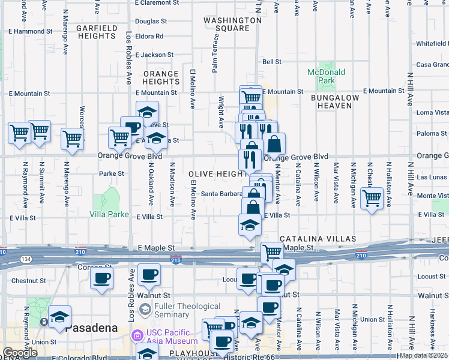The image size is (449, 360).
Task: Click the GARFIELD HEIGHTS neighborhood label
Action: pyautogui.click(x=97, y=32)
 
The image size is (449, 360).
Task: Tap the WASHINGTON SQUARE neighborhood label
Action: pyautogui.click(x=232, y=24)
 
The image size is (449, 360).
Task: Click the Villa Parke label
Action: pyautogui.click(x=109, y=214)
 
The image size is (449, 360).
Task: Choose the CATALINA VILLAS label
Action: pyautogui.click(x=306, y=239)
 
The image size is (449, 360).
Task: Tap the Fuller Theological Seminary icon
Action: pyautogui.click(x=145, y=309)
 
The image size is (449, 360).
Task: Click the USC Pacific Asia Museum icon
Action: pyautogui.click(x=137, y=334)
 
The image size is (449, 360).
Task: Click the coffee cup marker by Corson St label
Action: pyautogui.click(x=101, y=277)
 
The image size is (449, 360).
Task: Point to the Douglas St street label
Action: pyautogui.click(x=151, y=21)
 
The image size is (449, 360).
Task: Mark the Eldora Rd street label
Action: pyautogui.click(x=149, y=37)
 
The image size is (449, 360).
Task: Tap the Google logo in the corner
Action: pyautogui.click(x=20, y=353)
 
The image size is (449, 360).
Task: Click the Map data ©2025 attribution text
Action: pyautogui.click(x=424, y=355)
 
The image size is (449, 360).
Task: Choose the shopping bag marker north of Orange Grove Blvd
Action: pyautogui.click(x=274, y=143)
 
